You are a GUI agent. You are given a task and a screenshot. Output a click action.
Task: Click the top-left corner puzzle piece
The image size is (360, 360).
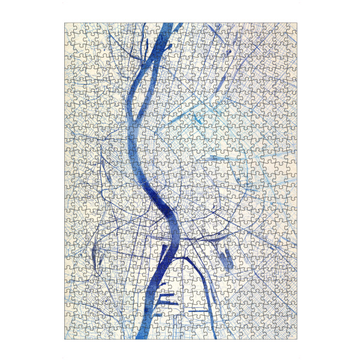point(69,28)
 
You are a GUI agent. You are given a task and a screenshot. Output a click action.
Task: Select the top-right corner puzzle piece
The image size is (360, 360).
point(292,28)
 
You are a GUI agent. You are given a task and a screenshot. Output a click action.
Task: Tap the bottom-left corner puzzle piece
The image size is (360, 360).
point(69,335)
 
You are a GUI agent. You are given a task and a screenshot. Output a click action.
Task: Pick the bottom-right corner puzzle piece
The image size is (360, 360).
point(292,335)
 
